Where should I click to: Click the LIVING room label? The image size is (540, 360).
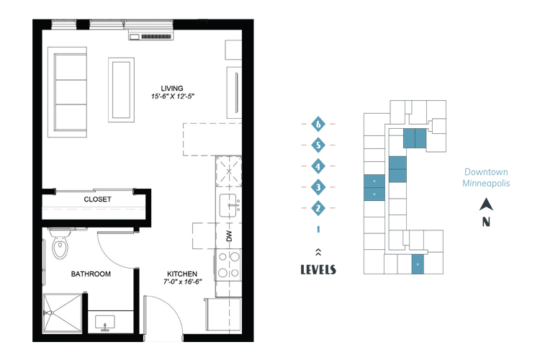pyautogui.click(x=172, y=88)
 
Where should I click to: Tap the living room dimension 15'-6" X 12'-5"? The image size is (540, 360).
pyautogui.click(x=173, y=96)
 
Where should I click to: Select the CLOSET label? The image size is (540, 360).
pyautogui.click(x=97, y=199)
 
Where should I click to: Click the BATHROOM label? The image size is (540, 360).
pyautogui.click(x=91, y=274)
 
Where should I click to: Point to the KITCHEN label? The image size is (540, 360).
pyautogui.click(x=182, y=274)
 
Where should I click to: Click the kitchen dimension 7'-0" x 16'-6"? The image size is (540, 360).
pyautogui.click(x=183, y=282)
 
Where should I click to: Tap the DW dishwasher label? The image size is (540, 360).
pyautogui.click(x=230, y=236)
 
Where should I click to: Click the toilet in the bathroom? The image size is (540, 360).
pyautogui.click(x=60, y=243)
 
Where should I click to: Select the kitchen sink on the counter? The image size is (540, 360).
pyautogui.click(x=228, y=206)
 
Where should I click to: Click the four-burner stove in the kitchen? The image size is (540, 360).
pyautogui.click(x=229, y=264)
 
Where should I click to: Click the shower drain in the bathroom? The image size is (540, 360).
pyautogui.click(x=49, y=313)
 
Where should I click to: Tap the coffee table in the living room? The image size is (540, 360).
pyautogui.click(x=121, y=90)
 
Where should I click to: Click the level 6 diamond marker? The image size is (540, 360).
pyautogui.click(x=318, y=124)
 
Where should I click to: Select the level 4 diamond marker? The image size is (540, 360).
pyautogui.click(x=318, y=166)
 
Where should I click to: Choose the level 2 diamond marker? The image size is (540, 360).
pyautogui.click(x=318, y=208)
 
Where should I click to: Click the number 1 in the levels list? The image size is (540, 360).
pyautogui.click(x=318, y=230)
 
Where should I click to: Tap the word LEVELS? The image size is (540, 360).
pyautogui.click(x=318, y=269)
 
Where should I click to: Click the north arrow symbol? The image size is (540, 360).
pyautogui.click(x=486, y=204)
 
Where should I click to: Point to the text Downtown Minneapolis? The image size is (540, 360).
pyautogui.click(x=486, y=177)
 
